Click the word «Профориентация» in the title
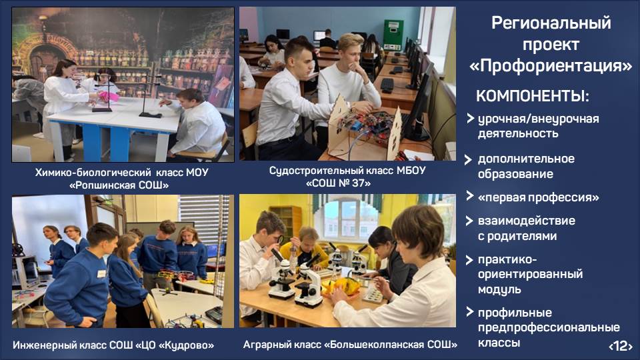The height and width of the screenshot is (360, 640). (x=551, y=66)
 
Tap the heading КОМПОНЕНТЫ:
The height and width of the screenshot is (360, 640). (x=532, y=96)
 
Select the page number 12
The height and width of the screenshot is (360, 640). (x=621, y=346)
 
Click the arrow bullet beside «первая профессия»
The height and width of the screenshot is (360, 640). (x=470, y=196)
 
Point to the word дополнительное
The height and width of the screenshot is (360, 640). (x=526, y=159)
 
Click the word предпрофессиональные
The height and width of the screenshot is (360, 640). (x=549, y=327)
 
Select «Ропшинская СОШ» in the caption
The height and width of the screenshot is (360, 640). (x=119, y=185)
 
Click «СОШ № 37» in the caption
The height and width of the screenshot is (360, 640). (x=339, y=183)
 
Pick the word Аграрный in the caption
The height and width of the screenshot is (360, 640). (x=263, y=345)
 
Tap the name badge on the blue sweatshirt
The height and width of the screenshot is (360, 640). (x=101, y=273)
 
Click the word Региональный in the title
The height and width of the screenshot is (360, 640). (x=551, y=23)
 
